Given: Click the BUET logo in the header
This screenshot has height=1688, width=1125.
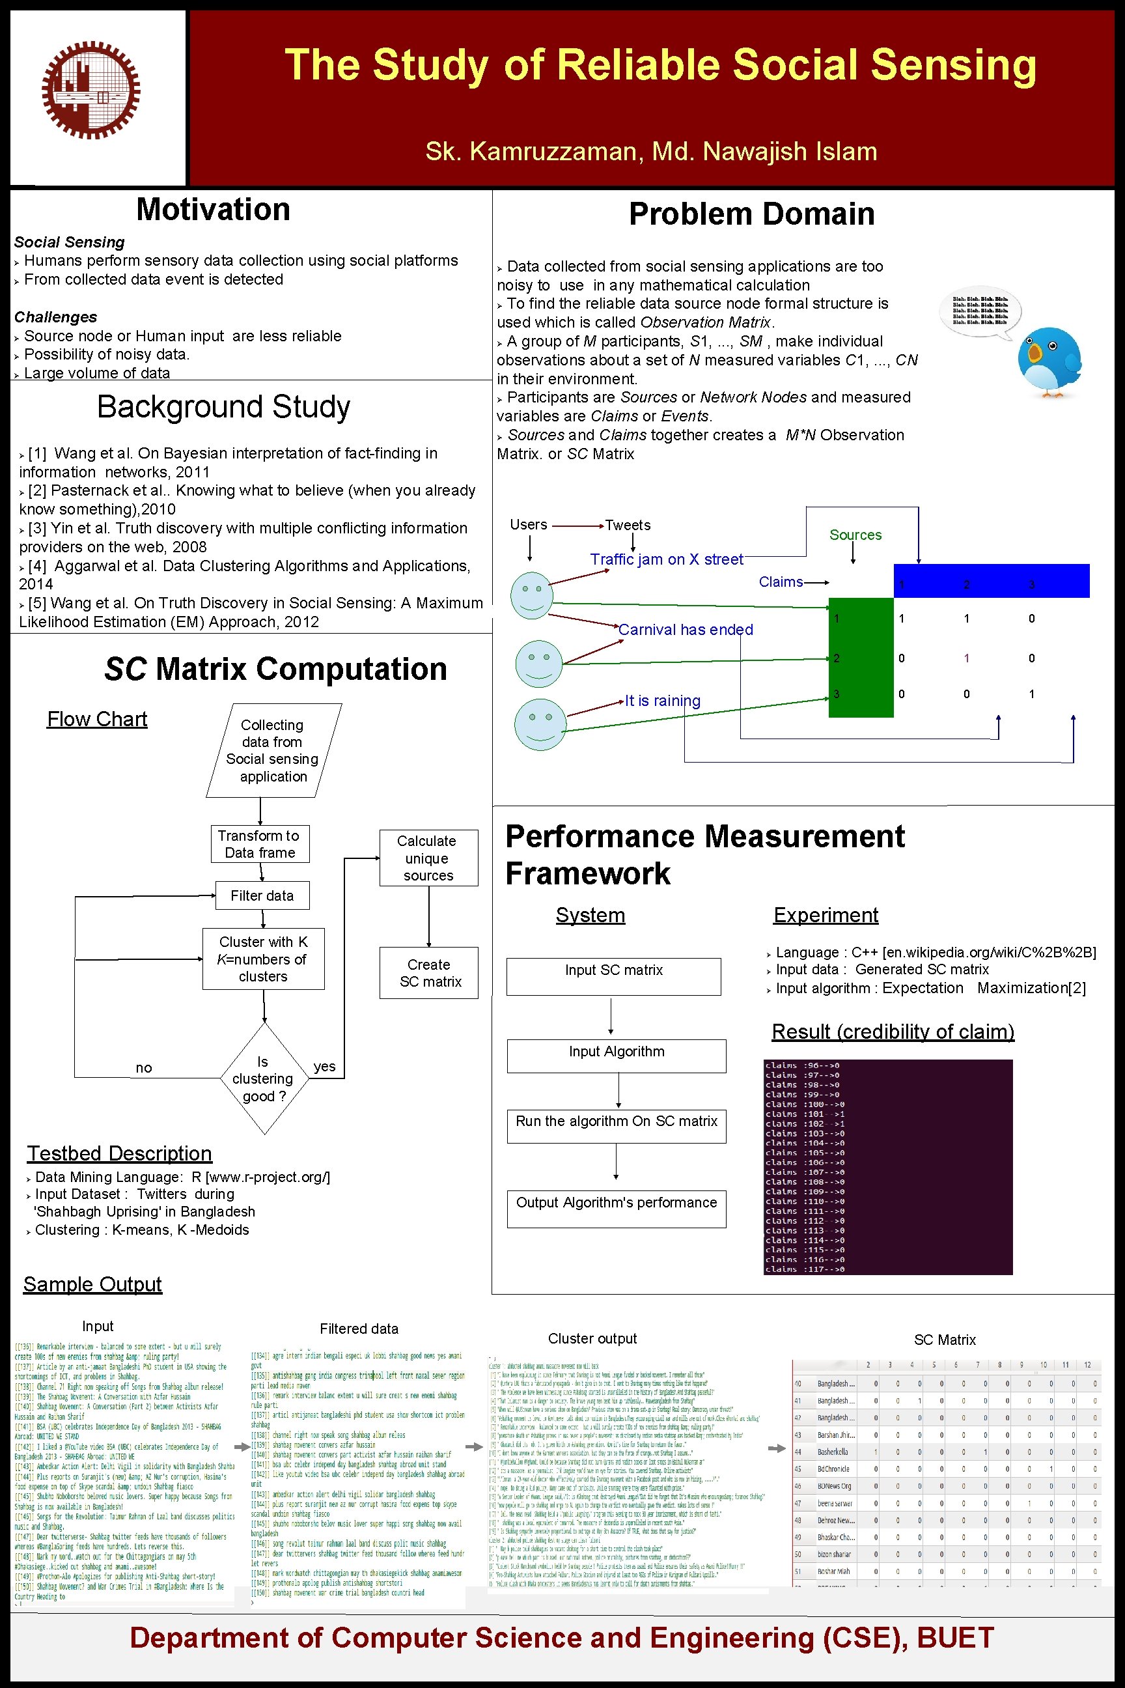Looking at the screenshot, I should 90,90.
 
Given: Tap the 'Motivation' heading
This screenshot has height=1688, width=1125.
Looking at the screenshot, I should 213,210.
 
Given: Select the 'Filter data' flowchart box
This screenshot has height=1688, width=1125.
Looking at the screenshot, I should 262,895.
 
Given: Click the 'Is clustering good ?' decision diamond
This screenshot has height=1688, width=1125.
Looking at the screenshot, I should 263,1078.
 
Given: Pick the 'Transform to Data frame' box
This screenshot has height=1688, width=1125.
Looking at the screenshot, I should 260,844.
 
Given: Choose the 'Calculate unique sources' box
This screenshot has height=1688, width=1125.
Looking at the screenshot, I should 428,858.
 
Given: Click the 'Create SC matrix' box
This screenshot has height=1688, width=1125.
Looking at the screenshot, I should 429,973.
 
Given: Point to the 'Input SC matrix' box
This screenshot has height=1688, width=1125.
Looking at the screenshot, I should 613,976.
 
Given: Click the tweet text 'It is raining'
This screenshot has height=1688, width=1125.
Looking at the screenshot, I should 662,701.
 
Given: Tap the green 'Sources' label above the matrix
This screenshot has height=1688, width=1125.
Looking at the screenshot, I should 855,535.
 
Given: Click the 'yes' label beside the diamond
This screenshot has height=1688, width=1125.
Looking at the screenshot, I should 324,1067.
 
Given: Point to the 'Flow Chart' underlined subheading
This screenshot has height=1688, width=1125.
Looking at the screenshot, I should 97,719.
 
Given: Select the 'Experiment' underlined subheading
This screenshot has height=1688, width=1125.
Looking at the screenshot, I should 825,915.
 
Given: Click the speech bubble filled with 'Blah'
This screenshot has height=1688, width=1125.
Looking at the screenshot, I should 980,311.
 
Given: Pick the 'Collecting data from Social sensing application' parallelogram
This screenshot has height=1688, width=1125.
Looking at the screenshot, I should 273,751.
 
